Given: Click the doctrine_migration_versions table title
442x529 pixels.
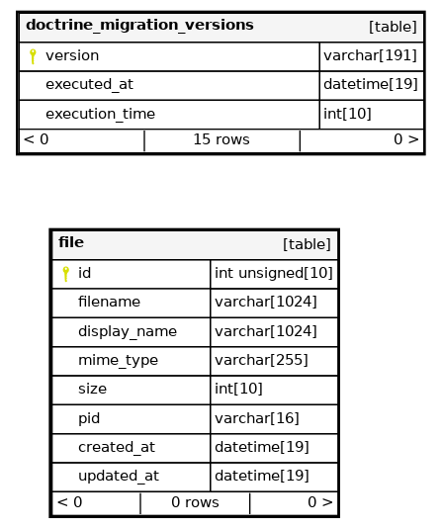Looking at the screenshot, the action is (x=139, y=25).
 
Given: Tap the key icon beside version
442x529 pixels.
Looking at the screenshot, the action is (x=33, y=56).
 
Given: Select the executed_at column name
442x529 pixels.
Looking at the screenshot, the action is (x=89, y=84).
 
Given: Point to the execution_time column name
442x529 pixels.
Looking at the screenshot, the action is (x=100, y=114).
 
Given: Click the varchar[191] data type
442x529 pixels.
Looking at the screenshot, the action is (x=370, y=55).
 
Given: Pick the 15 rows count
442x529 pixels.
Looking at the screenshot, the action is (x=221, y=139).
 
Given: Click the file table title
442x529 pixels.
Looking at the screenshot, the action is (x=71, y=242).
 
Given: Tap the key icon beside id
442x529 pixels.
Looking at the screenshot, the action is (x=65, y=274).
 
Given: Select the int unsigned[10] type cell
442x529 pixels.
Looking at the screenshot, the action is (x=274, y=273).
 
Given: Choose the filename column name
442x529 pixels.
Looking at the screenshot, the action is (x=109, y=302).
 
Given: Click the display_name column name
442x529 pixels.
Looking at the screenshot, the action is (x=128, y=331).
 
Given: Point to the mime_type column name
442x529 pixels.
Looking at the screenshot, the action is (x=118, y=360).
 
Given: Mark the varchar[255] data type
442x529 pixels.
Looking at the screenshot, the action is (x=261, y=360).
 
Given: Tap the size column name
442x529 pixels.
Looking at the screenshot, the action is (x=92, y=389).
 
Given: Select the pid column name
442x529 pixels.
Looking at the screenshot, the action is (x=89, y=418).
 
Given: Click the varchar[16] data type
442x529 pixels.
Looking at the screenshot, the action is (x=257, y=418).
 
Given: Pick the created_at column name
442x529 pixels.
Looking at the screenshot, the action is (x=117, y=447).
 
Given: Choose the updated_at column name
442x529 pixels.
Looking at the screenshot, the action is (x=119, y=476).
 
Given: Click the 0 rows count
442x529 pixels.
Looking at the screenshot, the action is (x=195, y=502).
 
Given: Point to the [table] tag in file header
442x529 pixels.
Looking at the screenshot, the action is (x=307, y=244).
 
